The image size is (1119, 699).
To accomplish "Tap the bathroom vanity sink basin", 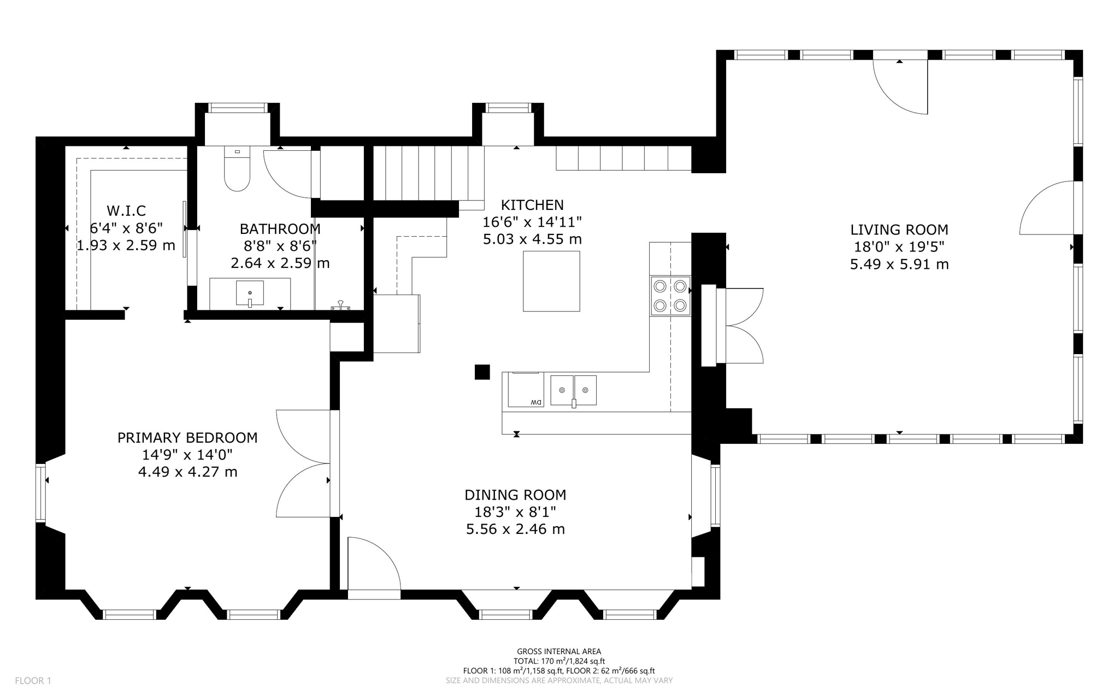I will (250, 293).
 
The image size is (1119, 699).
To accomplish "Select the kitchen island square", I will (551, 281).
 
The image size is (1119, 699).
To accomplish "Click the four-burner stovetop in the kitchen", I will (670, 296).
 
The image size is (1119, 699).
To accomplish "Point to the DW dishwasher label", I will (535, 403).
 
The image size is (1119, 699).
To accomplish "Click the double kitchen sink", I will (573, 390).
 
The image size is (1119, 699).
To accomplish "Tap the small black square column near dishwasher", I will (482, 372).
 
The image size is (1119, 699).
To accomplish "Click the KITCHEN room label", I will (532, 205).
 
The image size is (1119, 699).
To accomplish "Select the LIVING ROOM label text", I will (899, 230).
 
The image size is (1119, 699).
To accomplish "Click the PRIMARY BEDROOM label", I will (187, 438).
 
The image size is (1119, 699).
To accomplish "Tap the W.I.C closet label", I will (126, 210).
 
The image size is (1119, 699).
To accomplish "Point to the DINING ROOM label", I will (515, 495).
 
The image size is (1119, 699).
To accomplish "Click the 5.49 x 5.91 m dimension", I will (899, 265).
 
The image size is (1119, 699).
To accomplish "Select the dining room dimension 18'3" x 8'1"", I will (515, 512).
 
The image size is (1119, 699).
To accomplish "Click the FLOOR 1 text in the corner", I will (33, 680).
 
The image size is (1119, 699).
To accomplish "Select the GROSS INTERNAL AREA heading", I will (559, 651).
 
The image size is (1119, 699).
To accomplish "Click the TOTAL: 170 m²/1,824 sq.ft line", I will (559, 661).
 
